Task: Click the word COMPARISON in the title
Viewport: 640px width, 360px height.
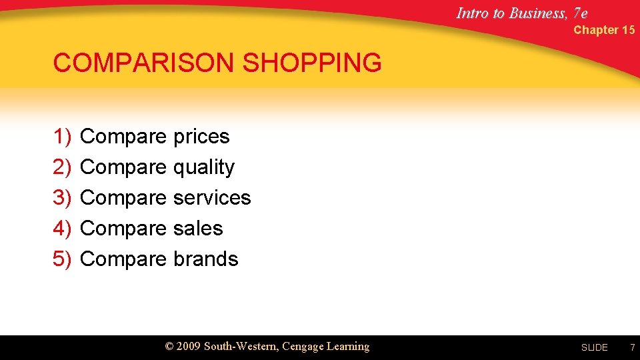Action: point(145,63)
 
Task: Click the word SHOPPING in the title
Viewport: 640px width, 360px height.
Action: point(313,63)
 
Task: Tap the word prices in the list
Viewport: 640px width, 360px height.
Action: point(201,137)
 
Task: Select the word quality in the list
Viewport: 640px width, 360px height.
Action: point(204,167)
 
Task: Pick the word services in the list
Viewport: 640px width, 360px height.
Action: point(212,198)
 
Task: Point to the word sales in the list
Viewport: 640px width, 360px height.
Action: point(198,229)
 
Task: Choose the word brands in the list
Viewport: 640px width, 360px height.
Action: point(205,259)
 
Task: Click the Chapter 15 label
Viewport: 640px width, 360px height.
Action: point(604,30)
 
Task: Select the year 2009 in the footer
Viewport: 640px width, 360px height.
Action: point(189,346)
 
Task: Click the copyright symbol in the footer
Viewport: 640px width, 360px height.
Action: point(169,347)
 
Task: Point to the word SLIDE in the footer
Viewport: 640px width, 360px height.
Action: point(594,347)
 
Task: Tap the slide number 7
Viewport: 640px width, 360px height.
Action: point(632,347)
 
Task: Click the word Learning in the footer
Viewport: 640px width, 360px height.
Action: point(347,347)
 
